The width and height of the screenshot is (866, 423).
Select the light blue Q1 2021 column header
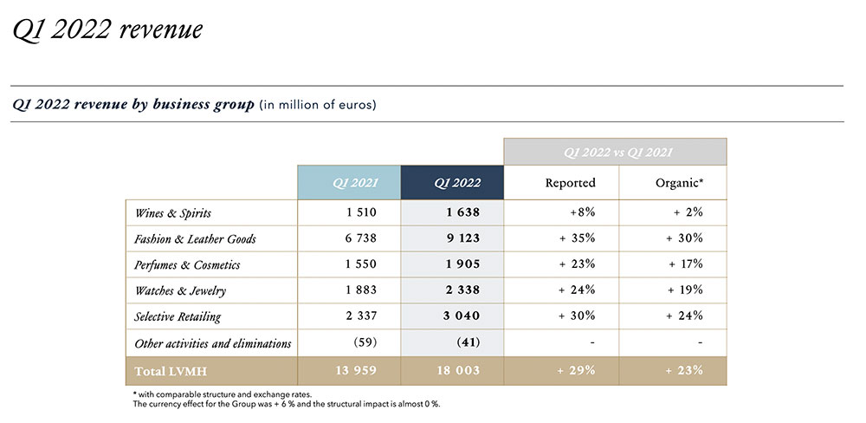click(348, 183)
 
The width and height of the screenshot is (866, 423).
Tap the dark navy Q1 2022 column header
click(452, 183)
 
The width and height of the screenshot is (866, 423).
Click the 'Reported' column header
click(570, 183)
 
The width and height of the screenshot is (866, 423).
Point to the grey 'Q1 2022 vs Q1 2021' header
click(615, 152)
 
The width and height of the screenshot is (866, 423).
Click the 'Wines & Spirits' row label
click(173, 212)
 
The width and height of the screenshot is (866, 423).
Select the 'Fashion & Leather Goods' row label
click(196, 238)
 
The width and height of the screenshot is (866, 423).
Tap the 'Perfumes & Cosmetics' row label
click(188, 264)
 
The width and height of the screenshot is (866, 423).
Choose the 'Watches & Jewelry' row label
click(180, 290)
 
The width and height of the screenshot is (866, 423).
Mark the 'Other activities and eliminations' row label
click(213, 343)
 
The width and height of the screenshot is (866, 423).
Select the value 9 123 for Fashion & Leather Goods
click(457, 238)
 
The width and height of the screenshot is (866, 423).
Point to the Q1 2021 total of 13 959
click(355, 371)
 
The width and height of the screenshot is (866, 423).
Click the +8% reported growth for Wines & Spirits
click(582, 212)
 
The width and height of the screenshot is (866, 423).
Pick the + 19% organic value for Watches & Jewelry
click(684, 290)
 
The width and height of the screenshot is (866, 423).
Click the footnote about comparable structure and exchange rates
click(210, 394)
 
